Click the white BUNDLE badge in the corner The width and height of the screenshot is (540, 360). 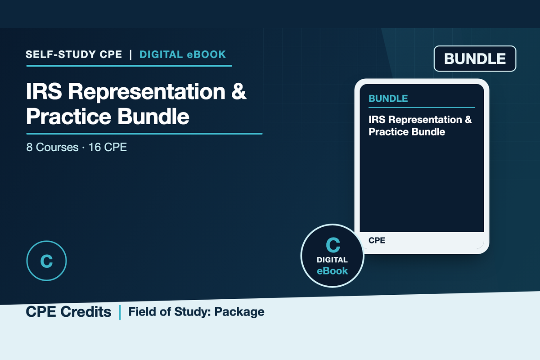click(475, 58)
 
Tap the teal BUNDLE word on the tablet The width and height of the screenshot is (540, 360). click(388, 99)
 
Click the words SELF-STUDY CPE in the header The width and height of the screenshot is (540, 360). click(74, 54)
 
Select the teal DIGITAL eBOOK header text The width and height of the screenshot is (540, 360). click(183, 54)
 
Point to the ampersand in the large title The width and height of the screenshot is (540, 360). click(238, 91)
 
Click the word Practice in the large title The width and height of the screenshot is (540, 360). click(69, 117)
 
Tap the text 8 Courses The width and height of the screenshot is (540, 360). click(52, 147)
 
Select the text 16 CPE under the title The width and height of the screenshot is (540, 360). click(108, 147)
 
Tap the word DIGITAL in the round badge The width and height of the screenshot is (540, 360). click(332, 260)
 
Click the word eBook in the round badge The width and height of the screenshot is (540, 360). click(332, 271)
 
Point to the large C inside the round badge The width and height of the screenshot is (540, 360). click(333, 245)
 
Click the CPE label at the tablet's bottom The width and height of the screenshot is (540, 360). click(377, 240)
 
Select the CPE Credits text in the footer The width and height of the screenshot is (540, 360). click(68, 312)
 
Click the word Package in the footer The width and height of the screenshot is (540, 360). click(239, 312)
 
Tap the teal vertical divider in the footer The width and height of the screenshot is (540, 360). click(120, 312)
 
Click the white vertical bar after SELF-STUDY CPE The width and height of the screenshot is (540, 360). click(130, 55)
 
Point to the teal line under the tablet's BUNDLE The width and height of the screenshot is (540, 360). click(422, 107)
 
